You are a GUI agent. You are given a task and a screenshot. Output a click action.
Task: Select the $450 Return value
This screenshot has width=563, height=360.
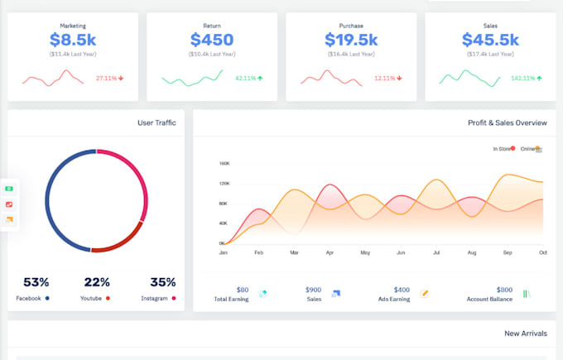[x=211, y=39]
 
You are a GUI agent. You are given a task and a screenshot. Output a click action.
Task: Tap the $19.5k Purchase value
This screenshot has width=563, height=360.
[x=351, y=39]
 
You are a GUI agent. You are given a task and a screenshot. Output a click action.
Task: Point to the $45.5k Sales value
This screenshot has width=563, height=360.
[x=489, y=39]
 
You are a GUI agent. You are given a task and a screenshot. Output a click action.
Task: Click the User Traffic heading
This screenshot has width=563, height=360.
[x=156, y=123]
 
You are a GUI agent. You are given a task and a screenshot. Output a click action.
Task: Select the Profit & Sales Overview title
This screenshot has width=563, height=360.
[x=507, y=123]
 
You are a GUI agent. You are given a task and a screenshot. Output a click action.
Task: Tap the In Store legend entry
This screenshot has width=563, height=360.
[x=502, y=149]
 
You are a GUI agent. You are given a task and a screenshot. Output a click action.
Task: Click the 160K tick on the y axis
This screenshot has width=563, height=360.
[x=224, y=164]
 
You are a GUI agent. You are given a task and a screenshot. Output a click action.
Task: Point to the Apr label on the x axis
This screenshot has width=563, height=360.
[x=330, y=252]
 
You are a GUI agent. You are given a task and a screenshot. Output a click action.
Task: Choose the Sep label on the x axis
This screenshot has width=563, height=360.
[x=508, y=252]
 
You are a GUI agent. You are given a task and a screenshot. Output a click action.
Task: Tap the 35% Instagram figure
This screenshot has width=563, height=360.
[x=162, y=282]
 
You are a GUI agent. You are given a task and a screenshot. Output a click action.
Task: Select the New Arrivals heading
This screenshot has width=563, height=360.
[x=525, y=334]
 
